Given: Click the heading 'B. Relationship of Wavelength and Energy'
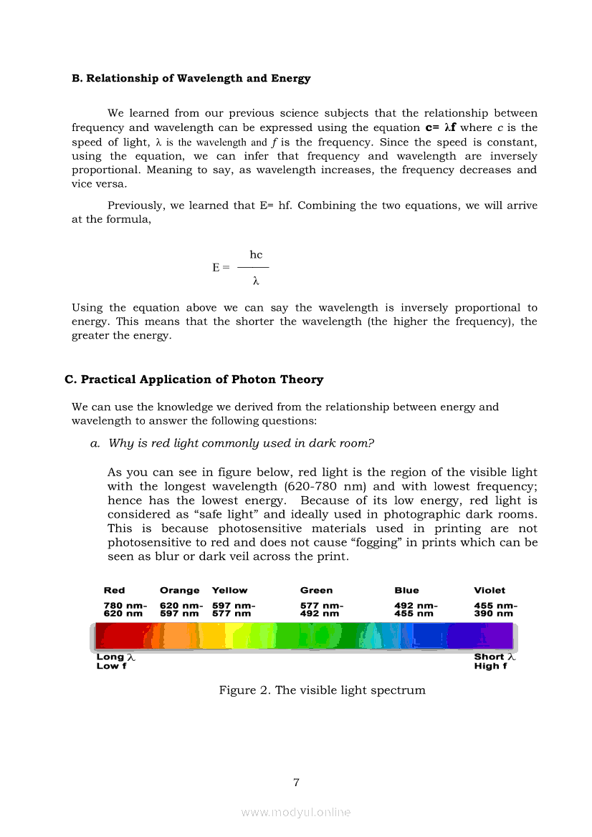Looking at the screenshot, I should [191, 78].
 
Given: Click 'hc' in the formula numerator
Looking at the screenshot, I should [256, 255].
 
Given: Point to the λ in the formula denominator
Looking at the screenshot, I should [255, 281].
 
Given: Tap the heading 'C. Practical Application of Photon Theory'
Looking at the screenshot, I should [194, 379].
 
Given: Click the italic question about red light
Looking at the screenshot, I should [241, 443].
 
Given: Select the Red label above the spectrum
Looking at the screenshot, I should [114, 591].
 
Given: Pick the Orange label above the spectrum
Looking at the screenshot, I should [179, 591].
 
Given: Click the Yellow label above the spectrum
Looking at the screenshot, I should [229, 591].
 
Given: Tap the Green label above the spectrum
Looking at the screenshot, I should [316, 591].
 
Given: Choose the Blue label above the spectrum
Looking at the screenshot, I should [406, 591].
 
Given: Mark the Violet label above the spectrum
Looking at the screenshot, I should [490, 591].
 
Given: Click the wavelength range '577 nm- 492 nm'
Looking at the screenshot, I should [321, 609].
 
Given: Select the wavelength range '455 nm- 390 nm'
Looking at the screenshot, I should [495, 609].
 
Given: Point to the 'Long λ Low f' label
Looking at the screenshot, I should [115, 662].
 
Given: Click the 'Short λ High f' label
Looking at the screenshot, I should [495, 662].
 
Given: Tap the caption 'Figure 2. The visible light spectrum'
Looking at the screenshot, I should [322, 690].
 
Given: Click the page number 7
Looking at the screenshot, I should [296, 783].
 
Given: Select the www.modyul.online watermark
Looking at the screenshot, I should [296, 813].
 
